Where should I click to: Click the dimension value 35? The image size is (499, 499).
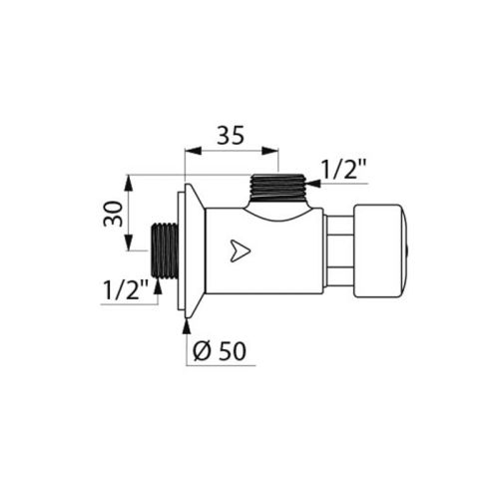[232, 136]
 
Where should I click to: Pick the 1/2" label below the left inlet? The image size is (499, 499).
[127, 290]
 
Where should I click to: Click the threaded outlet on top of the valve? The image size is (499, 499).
[278, 186]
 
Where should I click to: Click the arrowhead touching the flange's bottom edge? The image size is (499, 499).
[186, 319]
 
